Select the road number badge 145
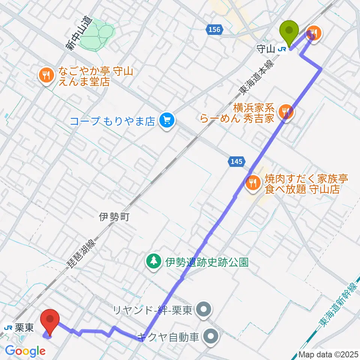pyautogui.click(x=236, y=162)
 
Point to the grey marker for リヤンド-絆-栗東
pyautogui.click(x=204, y=310)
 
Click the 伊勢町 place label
pyautogui.click(x=114, y=217)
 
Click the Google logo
pyautogui.click(x=25, y=351)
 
